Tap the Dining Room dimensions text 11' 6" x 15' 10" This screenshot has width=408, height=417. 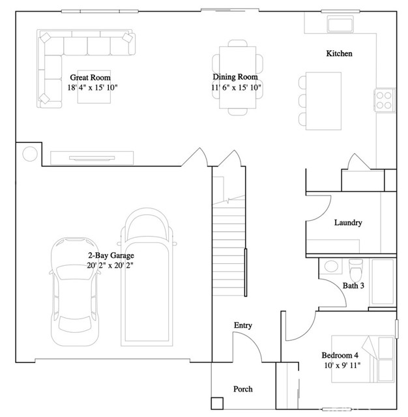[x=235, y=87]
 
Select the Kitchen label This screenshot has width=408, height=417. [x=339, y=53]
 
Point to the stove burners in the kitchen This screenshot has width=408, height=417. [x=384, y=100]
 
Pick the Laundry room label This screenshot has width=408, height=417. [x=347, y=223]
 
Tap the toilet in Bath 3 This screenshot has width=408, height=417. [x=356, y=268]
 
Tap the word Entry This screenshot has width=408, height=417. [x=243, y=325]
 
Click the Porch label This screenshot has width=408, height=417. [x=243, y=389]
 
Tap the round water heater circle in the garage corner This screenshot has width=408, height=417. [x=29, y=154]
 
